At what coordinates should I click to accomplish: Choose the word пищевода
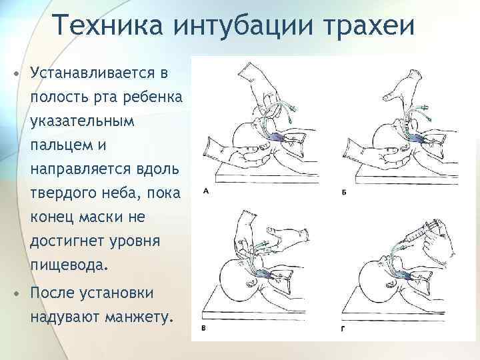pos(67,265)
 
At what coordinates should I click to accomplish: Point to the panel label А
pos(206,191)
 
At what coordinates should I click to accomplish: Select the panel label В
pos(204,329)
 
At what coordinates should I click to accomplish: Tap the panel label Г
pos(343,329)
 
